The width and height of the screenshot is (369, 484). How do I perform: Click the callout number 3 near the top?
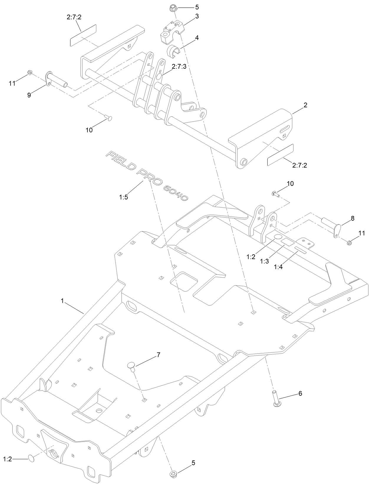(x=197, y=17)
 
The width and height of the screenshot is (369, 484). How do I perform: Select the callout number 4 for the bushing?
(x=197, y=38)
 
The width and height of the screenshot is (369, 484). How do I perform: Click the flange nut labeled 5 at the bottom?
(x=173, y=474)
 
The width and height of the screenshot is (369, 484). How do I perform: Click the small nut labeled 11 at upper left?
(x=29, y=73)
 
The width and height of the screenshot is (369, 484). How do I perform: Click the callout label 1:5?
(x=123, y=197)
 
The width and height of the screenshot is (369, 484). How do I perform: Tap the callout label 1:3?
(x=265, y=261)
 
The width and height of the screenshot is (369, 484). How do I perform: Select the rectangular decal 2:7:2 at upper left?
(x=83, y=35)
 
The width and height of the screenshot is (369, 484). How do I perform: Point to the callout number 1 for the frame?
(x=62, y=301)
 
